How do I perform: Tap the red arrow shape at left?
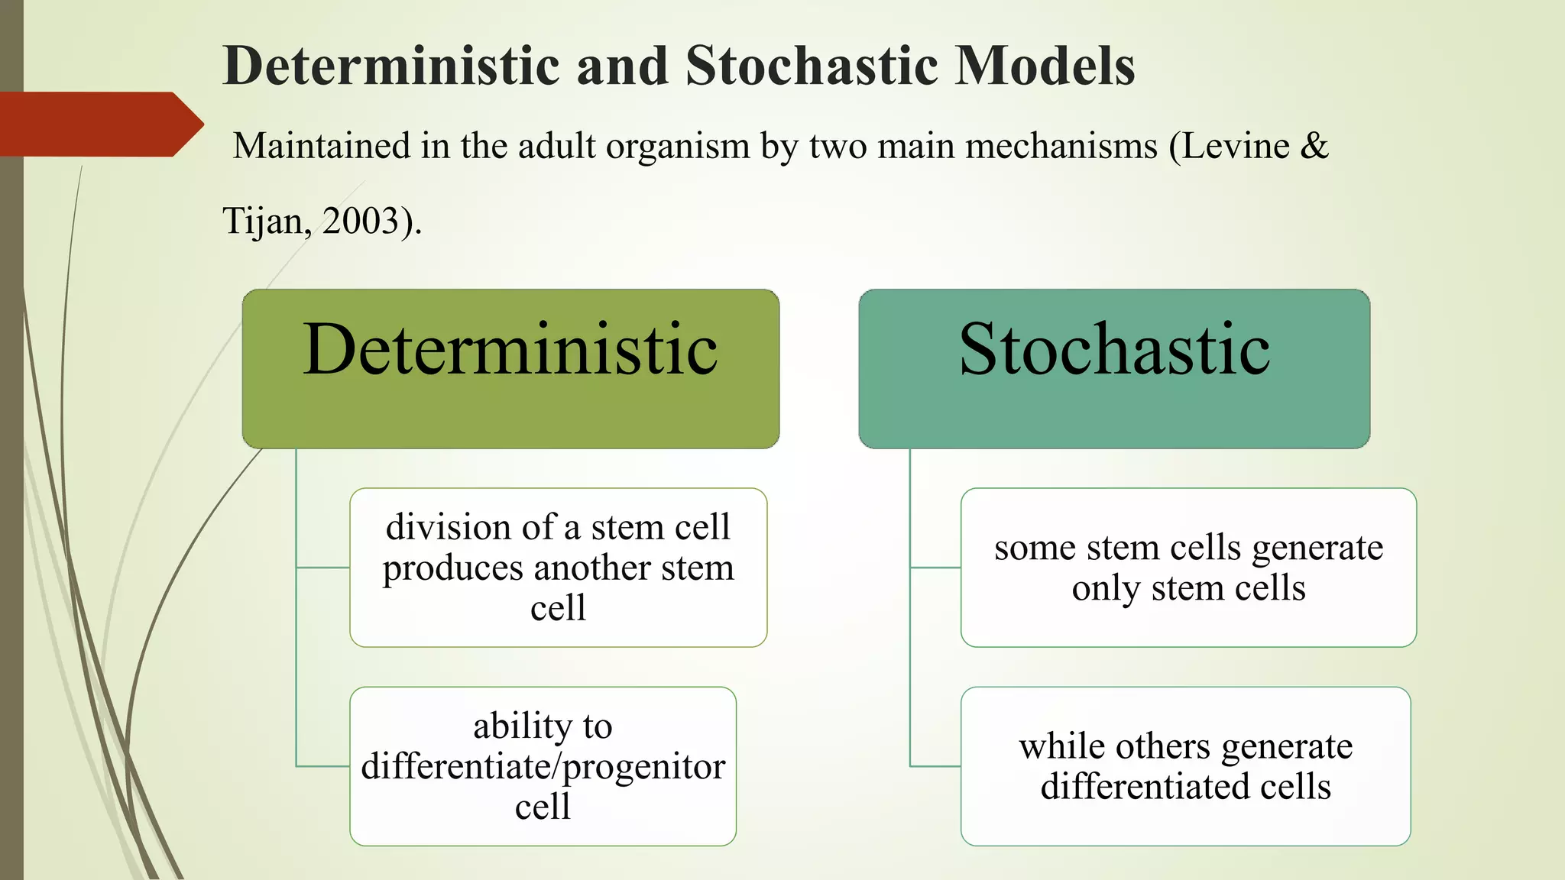[99, 125]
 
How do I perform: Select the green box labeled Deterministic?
[510, 405]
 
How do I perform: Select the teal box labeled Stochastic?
[1114, 405]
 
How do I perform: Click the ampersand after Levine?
[1314, 146]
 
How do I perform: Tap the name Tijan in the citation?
[264, 222]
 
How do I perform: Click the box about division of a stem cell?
[558, 568]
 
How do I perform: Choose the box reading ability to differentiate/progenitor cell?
[543, 766]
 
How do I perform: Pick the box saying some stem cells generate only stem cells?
[1188, 568]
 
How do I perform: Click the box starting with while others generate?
[1185, 766]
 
